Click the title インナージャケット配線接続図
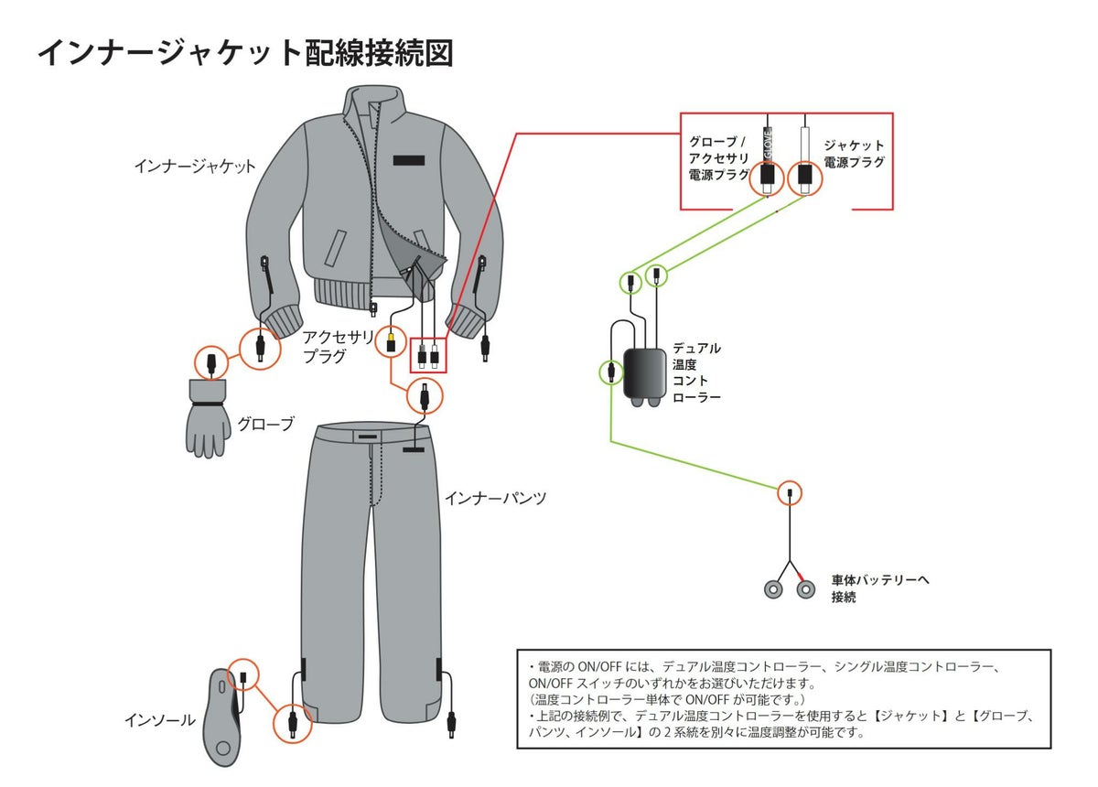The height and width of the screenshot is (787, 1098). pos(244,53)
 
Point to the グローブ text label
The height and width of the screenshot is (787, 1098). pos(265,425)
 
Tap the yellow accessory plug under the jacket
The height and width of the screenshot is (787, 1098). pos(392,339)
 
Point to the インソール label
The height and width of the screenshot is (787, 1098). pos(159,720)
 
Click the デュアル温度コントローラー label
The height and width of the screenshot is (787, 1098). pos(696,372)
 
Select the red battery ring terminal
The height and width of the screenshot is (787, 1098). pos(805,589)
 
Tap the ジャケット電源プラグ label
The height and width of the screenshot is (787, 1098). pos(854,154)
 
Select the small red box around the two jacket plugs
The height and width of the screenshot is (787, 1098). pos(428,355)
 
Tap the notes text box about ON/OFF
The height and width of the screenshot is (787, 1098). pos(783,698)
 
